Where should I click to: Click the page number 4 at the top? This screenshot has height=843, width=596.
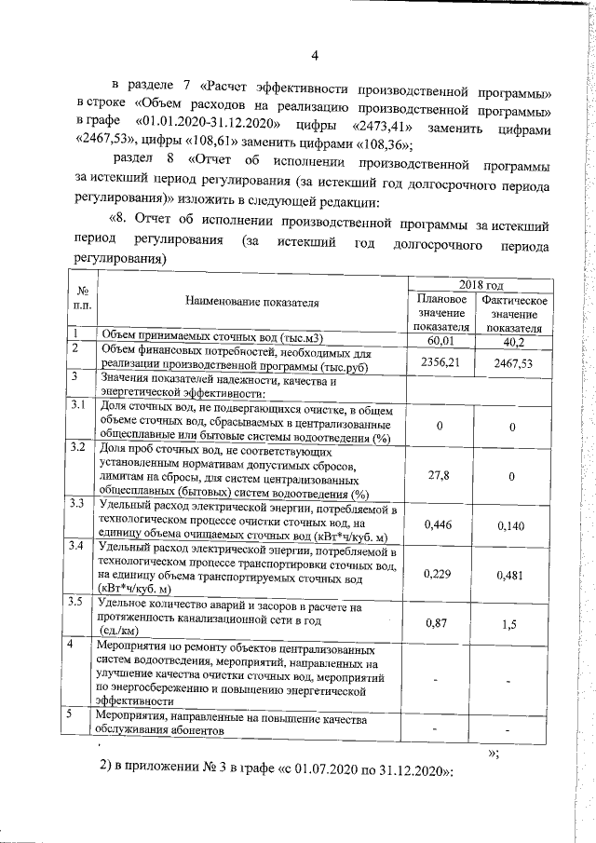click(316, 54)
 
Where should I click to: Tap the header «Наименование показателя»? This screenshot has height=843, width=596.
click(252, 302)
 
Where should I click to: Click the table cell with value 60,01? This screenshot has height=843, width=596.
click(440, 340)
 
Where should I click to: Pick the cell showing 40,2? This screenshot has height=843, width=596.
click(513, 340)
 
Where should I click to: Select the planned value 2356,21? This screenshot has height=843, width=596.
click(440, 363)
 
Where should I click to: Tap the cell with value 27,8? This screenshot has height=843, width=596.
click(440, 475)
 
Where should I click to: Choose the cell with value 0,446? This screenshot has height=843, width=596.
click(440, 525)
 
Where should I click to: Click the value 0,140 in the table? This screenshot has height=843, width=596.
click(513, 526)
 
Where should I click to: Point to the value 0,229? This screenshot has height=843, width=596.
click(440, 574)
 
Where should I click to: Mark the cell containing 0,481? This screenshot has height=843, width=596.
click(513, 575)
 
